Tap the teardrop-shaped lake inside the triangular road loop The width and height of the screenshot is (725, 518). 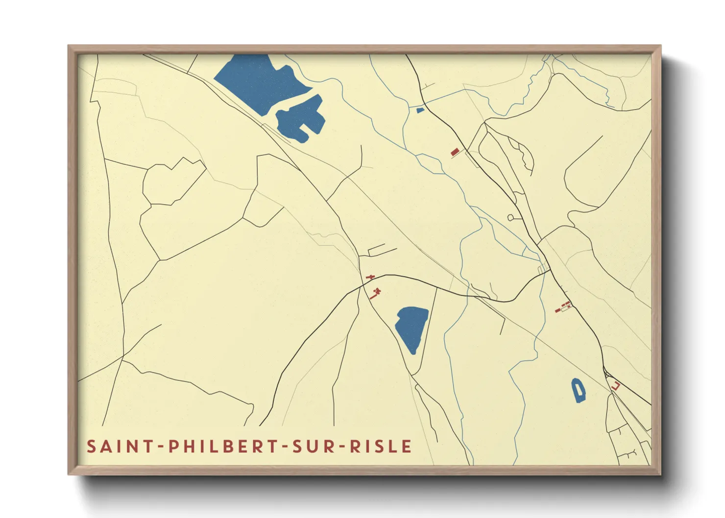click(411, 327)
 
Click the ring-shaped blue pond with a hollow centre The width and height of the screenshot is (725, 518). click(579, 390)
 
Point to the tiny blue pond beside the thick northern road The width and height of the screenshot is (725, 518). click(420, 110)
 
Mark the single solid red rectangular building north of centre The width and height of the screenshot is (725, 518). click(455, 152)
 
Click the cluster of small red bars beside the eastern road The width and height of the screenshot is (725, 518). click(563, 307)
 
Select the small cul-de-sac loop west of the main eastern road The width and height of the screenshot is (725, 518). click(510, 217)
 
